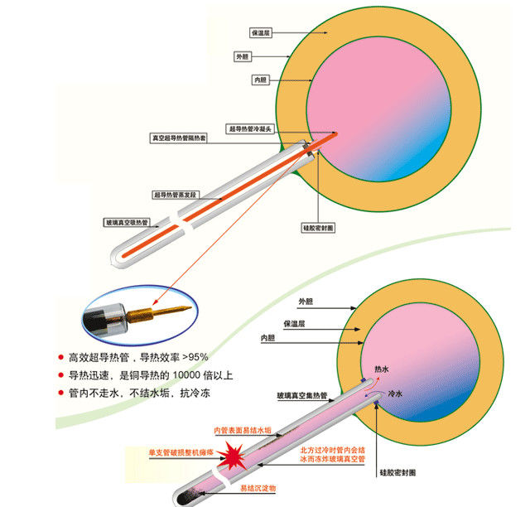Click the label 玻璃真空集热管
[x=304, y=396]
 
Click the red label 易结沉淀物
[x=258, y=488]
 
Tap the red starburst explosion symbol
[x=235, y=457]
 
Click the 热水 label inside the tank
[x=382, y=367]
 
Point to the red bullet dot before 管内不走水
[x=60, y=393]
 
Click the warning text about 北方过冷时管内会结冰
[x=332, y=454]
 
